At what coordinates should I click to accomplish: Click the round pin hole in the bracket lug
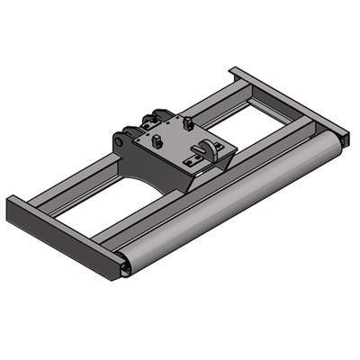coord(121,142)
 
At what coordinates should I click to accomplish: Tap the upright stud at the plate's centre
coord(158,140)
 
